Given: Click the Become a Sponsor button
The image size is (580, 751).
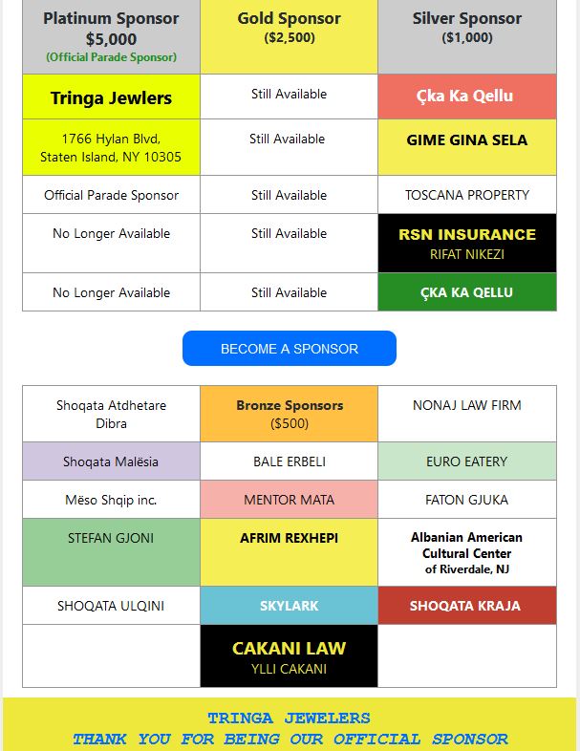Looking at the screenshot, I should click(x=289, y=349).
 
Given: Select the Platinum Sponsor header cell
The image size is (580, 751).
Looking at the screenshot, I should click(x=111, y=36).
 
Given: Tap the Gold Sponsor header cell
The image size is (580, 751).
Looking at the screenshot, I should click(x=289, y=36).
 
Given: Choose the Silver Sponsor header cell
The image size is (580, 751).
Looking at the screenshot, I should click(x=467, y=36).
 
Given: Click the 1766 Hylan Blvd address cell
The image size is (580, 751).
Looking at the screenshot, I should click(x=111, y=147).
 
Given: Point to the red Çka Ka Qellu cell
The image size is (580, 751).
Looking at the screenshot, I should click(x=467, y=97).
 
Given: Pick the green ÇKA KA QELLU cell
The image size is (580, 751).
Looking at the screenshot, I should click(x=467, y=292).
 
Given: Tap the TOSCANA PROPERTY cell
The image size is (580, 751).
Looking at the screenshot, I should click(x=467, y=195).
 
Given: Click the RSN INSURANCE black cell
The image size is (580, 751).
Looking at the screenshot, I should click(x=467, y=243).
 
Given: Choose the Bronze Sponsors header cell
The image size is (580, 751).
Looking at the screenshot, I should click(x=289, y=414).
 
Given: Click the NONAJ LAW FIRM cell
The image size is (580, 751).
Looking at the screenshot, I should click(x=467, y=414).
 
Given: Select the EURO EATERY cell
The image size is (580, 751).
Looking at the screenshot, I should click(x=467, y=461).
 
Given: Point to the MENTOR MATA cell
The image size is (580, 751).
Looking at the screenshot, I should click(x=289, y=500).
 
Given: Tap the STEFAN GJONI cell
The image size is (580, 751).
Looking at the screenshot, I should click(x=111, y=552).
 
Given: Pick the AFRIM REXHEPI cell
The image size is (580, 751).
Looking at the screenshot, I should click(x=289, y=552).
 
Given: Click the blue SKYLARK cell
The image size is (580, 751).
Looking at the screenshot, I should click(x=289, y=606).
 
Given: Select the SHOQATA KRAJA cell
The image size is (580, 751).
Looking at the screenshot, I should click(x=467, y=606).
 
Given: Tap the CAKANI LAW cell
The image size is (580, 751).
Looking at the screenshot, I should click(x=289, y=656).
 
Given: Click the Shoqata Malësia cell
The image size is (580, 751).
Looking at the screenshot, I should click(x=111, y=461).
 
